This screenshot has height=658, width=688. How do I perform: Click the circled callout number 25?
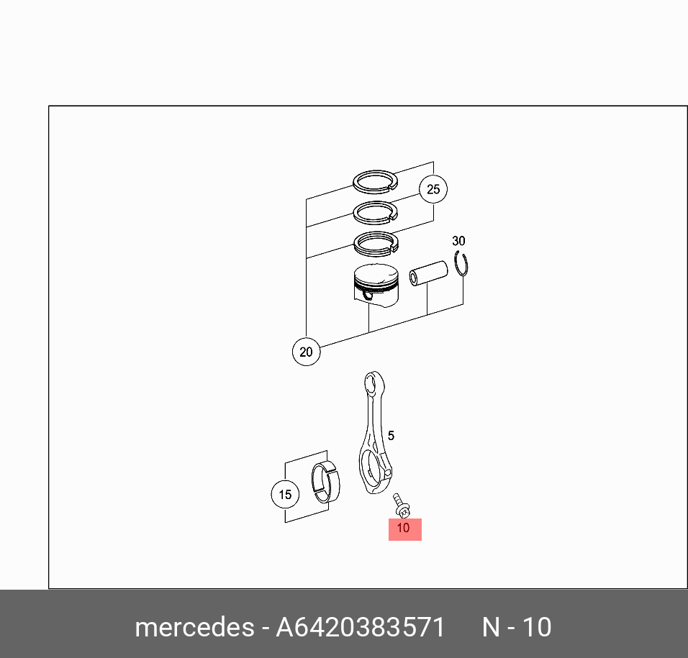point(433,189)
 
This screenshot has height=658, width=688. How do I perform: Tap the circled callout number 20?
point(306,352)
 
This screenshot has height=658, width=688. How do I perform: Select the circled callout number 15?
point(285,495)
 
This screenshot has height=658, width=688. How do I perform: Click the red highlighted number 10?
point(404,529)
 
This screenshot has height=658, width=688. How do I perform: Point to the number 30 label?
point(458,241)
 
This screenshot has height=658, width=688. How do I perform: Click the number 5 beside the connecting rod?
point(391,436)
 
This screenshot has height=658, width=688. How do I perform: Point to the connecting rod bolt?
point(401,506)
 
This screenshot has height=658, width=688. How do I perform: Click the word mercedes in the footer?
point(194,627)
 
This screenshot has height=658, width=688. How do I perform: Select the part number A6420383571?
point(361,627)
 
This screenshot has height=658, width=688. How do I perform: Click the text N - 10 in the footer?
point(517,627)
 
